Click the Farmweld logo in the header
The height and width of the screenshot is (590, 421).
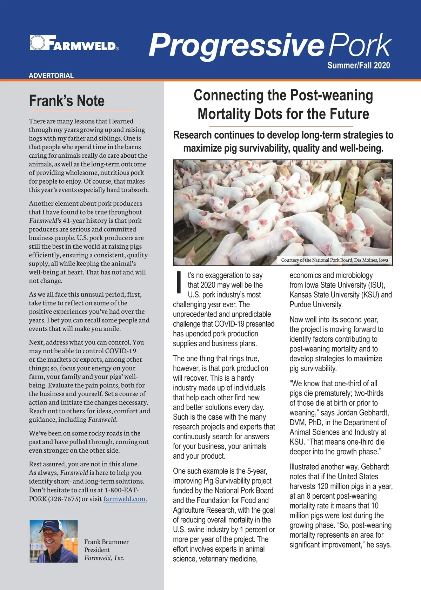tap(74, 43)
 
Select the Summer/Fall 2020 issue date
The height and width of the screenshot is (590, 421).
tap(358, 65)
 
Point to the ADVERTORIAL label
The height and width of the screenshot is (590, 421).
tap(51, 76)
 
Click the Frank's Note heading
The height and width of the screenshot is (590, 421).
tap(67, 101)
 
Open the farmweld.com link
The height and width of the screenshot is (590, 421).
tap(125, 499)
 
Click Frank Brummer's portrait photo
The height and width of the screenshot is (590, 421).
tap(53, 541)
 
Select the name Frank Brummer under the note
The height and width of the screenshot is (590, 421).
tap(106, 542)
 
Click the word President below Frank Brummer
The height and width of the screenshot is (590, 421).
tap(97, 550)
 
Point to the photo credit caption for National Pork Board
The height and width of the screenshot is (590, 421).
tap(334, 260)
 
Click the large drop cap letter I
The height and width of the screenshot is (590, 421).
tap(179, 282)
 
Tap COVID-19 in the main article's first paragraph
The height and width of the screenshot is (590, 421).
tap(230, 324)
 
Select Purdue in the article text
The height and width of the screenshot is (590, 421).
tap(302, 304)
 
